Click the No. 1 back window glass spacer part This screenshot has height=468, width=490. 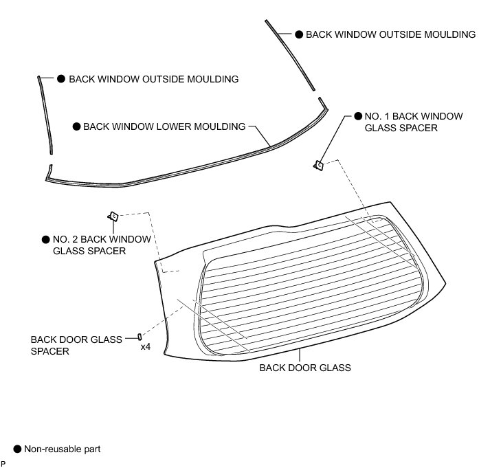point(319,164)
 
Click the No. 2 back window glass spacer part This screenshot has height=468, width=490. point(114,216)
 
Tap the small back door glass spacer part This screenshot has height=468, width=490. point(140,336)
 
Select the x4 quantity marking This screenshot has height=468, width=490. point(146,347)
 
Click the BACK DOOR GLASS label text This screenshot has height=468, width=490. point(304,368)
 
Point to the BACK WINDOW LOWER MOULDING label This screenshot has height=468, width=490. point(164,126)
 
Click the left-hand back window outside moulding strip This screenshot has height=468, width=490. point(45,113)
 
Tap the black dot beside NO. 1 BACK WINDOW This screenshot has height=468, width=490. point(357,116)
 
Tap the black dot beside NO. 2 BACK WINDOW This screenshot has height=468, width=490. point(46,240)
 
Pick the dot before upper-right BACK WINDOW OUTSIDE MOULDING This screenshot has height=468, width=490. point(299,34)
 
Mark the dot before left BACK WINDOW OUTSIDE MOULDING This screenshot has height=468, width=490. point(61,79)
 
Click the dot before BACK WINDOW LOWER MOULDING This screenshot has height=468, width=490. point(76,126)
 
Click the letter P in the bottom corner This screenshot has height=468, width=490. point(3,463)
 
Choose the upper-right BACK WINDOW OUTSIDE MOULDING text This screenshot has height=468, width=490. point(390,34)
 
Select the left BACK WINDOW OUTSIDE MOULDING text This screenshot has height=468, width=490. point(153,79)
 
